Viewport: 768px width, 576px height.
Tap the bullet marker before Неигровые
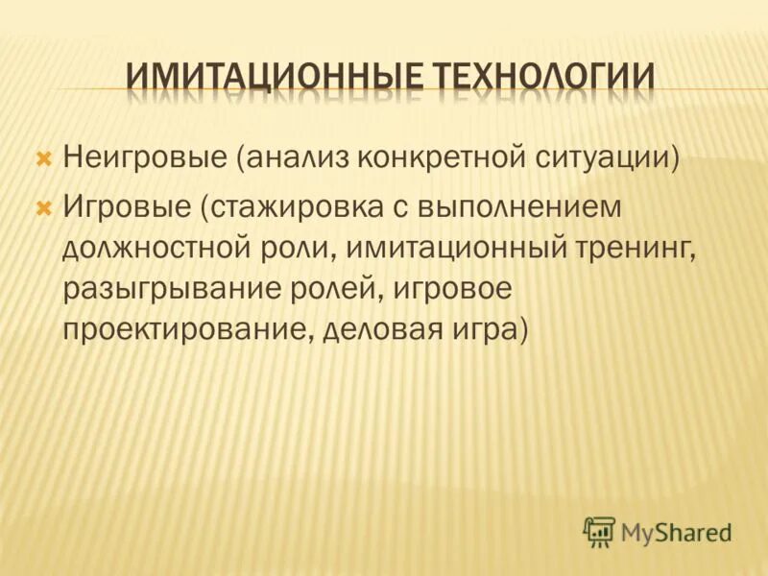click(43, 156)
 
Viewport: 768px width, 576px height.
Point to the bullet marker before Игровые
click(43, 206)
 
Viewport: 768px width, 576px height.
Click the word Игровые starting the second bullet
click(127, 206)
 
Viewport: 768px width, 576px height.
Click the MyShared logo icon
click(599, 530)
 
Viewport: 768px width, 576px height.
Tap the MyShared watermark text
click(677, 531)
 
